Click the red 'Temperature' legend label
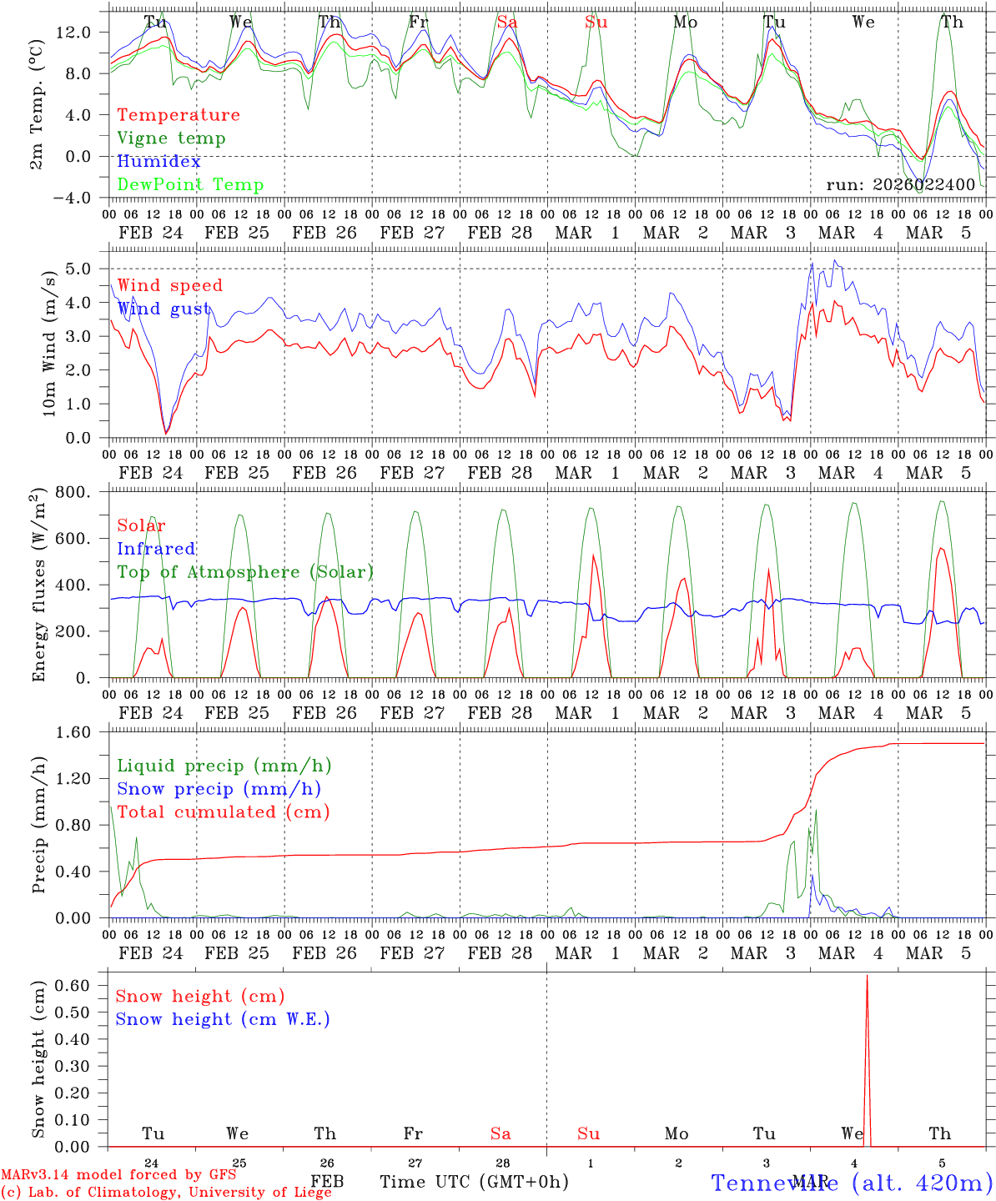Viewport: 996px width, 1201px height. (178, 115)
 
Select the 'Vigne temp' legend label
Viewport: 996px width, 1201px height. (171, 138)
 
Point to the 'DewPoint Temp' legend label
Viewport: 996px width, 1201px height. (190, 185)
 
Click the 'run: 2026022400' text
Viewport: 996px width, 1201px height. (900, 184)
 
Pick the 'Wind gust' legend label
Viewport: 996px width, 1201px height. (163, 309)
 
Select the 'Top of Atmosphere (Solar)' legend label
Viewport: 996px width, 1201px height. (245, 572)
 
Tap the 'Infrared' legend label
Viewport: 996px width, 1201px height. (156, 549)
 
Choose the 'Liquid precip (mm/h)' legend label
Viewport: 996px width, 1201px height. (224, 766)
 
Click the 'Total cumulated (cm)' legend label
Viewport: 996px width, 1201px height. (224, 812)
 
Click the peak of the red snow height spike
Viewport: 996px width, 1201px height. (867, 976)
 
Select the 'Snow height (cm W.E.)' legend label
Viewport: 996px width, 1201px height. (223, 1019)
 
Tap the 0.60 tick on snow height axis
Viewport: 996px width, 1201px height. (79, 985)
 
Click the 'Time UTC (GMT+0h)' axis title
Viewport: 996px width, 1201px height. (474, 1182)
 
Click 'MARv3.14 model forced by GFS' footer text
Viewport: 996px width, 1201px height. (118, 1175)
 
